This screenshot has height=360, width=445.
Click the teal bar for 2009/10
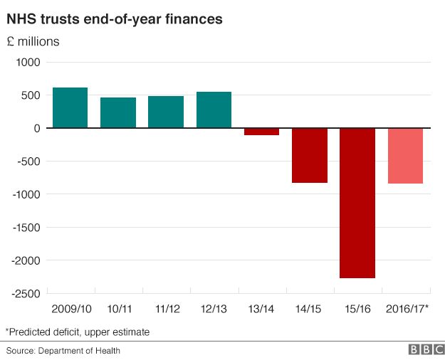[70, 107]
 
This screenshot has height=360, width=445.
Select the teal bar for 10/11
[118, 112]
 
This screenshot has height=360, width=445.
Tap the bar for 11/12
[166, 112]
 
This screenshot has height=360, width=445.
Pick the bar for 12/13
[214, 110]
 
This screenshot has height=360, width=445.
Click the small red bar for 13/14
[261, 132]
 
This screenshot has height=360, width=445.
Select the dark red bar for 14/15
[310, 155]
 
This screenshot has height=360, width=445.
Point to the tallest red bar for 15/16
[357, 203]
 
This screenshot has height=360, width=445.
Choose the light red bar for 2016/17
[405, 156]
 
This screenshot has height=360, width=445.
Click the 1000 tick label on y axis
[28, 63]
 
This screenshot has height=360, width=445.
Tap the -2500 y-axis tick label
[26, 293]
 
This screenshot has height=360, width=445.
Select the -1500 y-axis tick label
[26, 228]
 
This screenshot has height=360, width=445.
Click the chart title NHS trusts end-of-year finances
[115, 19]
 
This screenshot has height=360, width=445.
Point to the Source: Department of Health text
[63, 350]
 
